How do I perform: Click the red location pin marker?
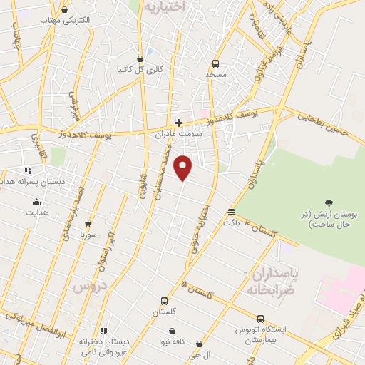point(184,168)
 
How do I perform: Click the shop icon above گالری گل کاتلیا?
point(140,58)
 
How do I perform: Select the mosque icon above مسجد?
point(217,63)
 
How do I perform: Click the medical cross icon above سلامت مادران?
point(178,122)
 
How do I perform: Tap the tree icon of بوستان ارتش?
point(329,204)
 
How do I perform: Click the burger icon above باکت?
point(231,212)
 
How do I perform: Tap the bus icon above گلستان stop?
point(164,301)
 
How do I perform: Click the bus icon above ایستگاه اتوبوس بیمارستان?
point(260,319)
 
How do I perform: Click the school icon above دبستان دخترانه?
point(104,330)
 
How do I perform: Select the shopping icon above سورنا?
point(88,223)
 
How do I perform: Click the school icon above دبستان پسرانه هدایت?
point(29,170)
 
